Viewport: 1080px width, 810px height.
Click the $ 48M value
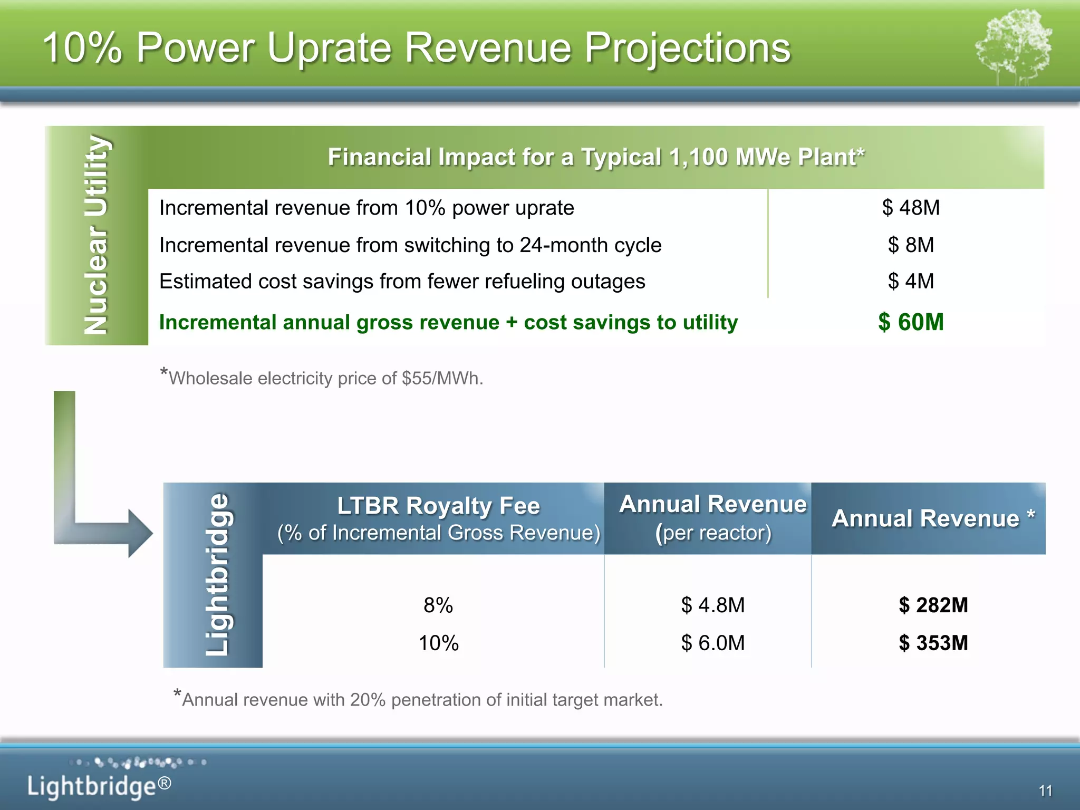coord(911,208)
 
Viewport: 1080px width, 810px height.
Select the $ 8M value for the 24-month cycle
coord(911,245)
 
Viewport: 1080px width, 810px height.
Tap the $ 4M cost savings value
coord(911,281)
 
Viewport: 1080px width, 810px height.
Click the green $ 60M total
coord(911,322)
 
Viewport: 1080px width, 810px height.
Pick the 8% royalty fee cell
coord(438,605)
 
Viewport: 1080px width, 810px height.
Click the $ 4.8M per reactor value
coord(713,605)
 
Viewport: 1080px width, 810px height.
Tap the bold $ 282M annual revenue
coord(933,605)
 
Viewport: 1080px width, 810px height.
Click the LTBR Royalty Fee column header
coord(438,518)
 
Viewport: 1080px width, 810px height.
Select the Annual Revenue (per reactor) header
coord(713,518)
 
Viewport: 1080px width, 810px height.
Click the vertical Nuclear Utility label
coord(97,235)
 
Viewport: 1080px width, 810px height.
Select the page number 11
coord(1045,790)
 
